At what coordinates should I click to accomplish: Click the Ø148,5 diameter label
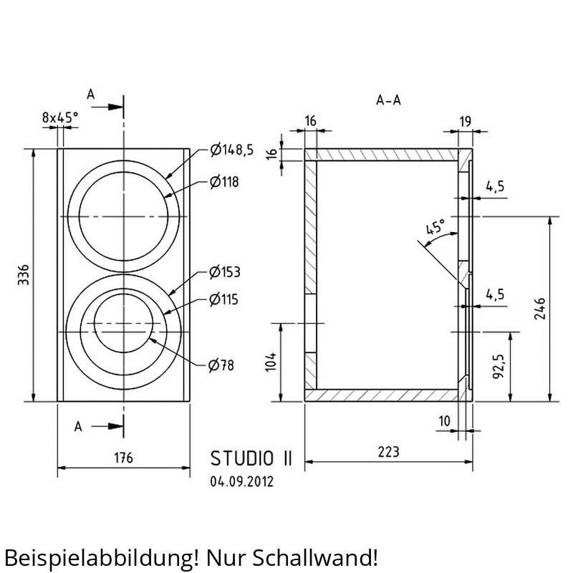point(231,150)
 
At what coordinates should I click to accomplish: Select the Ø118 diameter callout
point(224,182)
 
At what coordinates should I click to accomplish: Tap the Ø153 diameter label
point(225,272)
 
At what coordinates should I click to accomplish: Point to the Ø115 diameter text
point(223,299)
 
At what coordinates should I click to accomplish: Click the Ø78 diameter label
point(221,365)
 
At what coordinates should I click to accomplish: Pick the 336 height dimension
point(24,275)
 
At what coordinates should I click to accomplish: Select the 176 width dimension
point(123,458)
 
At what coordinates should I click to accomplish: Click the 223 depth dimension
point(388,452)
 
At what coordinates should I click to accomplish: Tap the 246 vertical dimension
point(540,309)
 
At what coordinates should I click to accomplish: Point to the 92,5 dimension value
point(499,366)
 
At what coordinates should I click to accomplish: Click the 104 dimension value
point(271,362)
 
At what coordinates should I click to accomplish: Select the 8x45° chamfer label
point(60,117)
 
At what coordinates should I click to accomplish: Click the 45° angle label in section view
point(436,227)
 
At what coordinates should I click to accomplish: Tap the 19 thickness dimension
point(465,121)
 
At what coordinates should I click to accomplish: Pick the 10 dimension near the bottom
point(444,421)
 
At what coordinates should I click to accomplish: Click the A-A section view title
point(388,100)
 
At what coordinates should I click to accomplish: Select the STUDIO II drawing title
point(251,458)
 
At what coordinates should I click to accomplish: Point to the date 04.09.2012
point(241,481)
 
